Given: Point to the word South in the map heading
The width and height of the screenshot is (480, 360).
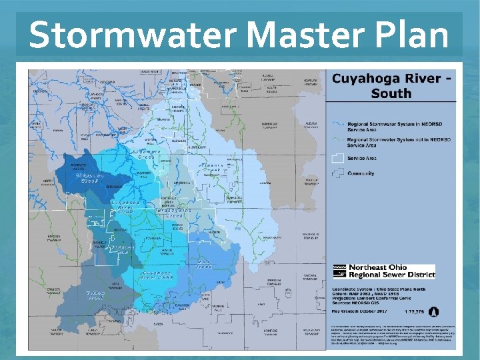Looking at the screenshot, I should pos(391,93).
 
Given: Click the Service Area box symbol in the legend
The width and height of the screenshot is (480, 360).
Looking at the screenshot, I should pos(339,158).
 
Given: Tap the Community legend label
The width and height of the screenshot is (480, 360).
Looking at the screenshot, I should pos(361,173).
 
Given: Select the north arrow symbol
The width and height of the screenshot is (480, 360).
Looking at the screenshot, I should pos(434,311).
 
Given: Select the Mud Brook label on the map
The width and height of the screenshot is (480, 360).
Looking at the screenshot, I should pos(204,264).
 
